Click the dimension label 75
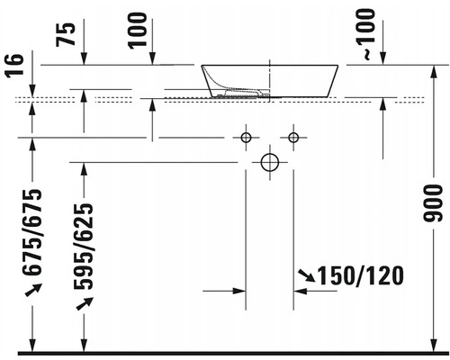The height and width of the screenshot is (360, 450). pyautogui.click(x=66, y=34)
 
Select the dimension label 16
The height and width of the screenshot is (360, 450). pyautogui.click(x=15, y=66)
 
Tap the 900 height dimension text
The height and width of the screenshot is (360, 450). pyautogui.click(x=433, y=203)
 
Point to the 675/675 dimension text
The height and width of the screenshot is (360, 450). pyautogui.click(x=31, y=232)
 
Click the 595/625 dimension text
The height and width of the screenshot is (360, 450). pyautogui.click(x=84, y=247)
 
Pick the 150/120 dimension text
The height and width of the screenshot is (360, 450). pyautogui.click(x=360, y=275)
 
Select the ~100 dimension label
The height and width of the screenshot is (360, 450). pyautogui.click(x=366, y=34)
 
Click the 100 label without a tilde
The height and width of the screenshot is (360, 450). pyautogui.click(x=138, y=31)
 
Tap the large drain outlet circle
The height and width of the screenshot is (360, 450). pyautogui.click(x=270, y=163)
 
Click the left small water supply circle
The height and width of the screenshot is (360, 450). pyautogui.click(x=246, y=138)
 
